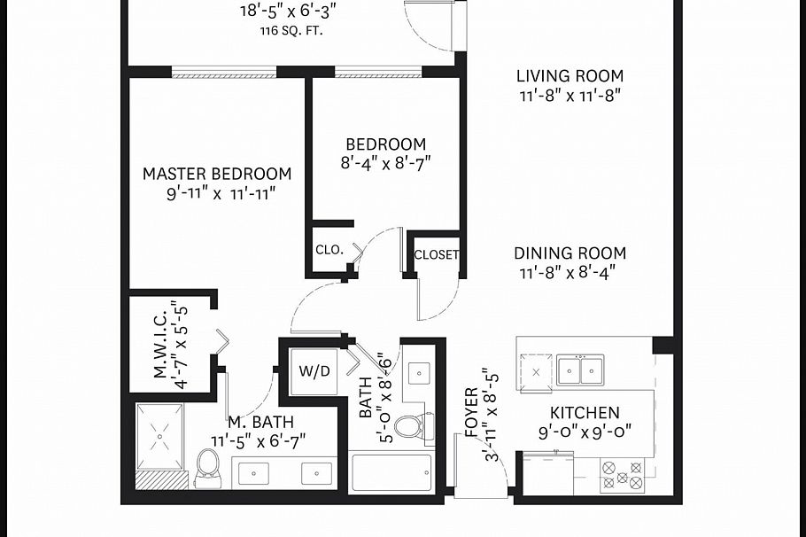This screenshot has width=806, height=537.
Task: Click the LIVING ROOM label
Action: coord(570,76)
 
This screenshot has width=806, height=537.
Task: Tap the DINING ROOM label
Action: coord(570,253)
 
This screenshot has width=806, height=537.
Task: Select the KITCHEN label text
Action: coord(585,413)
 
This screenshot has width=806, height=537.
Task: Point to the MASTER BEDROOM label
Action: coord(217,174)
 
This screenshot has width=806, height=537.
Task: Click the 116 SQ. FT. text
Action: coord(288,30)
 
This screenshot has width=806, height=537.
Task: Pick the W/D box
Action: coord(314,370)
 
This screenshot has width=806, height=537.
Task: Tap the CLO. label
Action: coord(329,250)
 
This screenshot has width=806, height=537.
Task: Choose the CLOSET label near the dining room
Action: coord(437,254)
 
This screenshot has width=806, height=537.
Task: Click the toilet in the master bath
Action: coord(207,466)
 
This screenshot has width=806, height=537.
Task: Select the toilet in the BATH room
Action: coord(408,427)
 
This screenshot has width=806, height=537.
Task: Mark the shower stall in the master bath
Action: coord(160,436)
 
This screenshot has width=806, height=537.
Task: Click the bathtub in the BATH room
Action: coord(391,473)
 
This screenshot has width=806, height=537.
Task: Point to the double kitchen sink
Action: coord(580,369)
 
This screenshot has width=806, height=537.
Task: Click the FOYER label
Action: coord(471,413)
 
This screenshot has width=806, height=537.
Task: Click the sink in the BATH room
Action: coord(418,372)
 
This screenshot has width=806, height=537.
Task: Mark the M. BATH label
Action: coord(260,423)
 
